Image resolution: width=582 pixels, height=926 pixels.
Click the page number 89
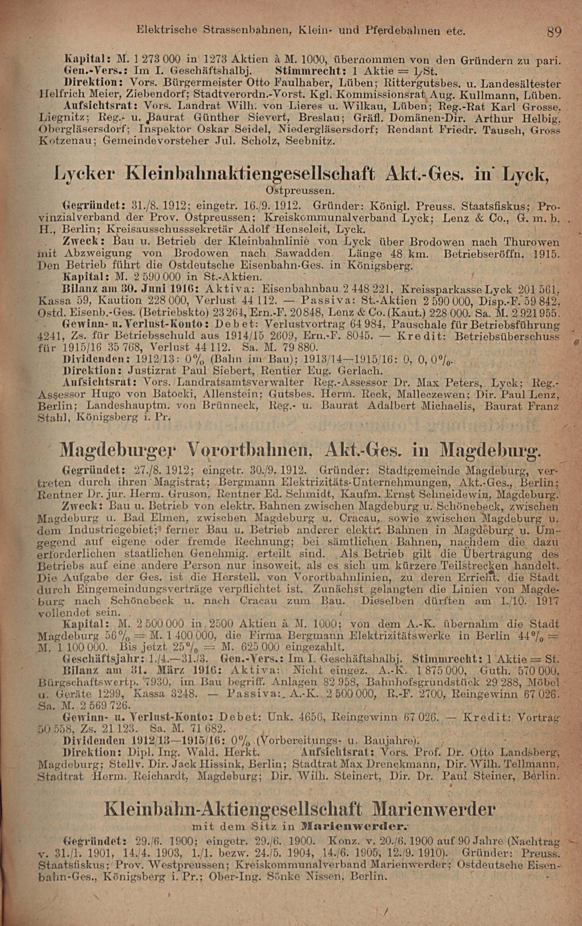(554, 31)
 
